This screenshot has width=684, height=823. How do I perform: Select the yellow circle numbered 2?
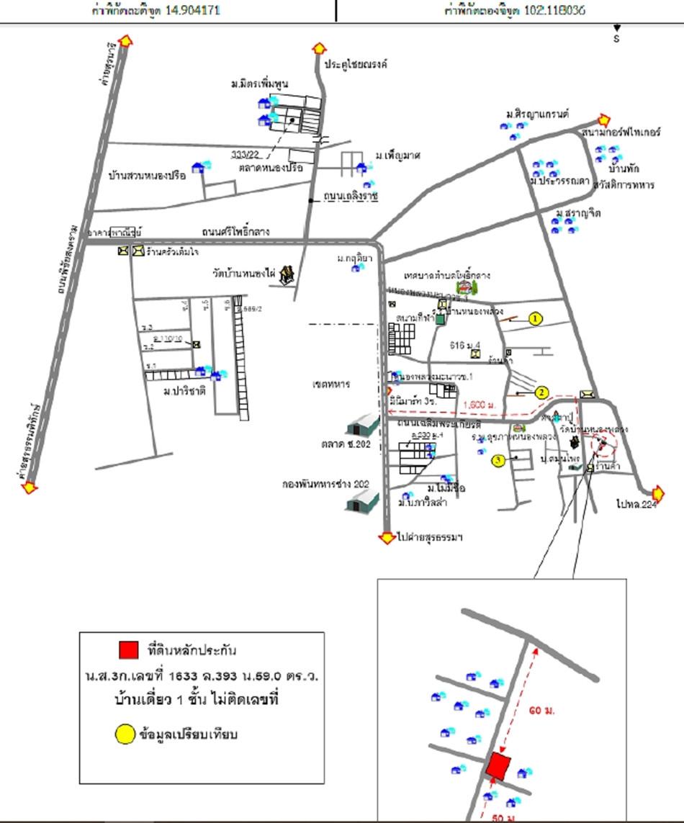[541, 392]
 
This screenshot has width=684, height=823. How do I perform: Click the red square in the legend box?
[129, 649]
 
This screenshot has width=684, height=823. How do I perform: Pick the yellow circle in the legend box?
[125, 734]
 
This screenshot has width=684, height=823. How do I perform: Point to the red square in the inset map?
[498, 766]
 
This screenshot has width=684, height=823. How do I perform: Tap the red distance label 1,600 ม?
[480, 405]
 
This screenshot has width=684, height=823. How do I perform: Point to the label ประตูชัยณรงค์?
[356, 63]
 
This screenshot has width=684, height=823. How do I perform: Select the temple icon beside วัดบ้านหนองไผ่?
[288, 274]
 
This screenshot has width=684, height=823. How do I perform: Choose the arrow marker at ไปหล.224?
[657, 493]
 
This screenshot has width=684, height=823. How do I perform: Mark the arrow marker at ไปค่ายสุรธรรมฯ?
[387, 537]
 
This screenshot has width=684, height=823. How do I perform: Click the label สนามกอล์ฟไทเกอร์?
[616, 134]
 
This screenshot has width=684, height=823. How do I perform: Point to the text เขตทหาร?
[332, 384]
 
